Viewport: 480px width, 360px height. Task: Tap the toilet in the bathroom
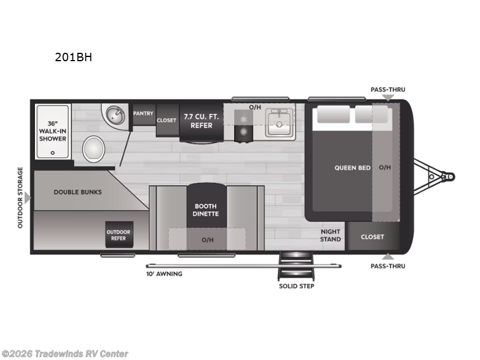[x=94, y=147]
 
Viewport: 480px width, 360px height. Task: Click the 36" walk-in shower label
[x=53, y=130]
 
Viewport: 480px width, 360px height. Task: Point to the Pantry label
[x=143, y=113]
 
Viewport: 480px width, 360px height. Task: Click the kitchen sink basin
[x=278, y=127]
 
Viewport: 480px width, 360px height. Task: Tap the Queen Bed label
[x=352, y=167]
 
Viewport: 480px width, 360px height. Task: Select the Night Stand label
[x=330, y=235]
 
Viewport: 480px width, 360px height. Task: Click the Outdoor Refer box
[x=118, y=235]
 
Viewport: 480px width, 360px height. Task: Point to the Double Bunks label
[x=77, y=193]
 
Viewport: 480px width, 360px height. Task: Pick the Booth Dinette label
[x=206, y=209]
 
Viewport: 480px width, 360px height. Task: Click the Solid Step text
[x=296, y=286]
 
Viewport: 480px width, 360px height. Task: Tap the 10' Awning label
[x=164, y=274]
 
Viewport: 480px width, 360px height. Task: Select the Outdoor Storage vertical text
[x=20, y=197]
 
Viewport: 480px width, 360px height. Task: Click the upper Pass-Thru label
[x=388, y=89]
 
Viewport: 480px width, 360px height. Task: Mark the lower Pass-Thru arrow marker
[x=388, y=257]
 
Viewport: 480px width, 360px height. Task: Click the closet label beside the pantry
[x=166, y=120]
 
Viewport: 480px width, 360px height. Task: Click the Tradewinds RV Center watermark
[x=65, y=354]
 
